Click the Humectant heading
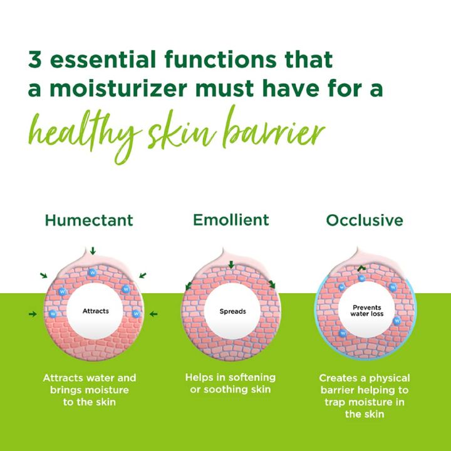tap(88, 220)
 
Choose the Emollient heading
tap(231, 220)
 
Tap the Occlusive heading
tap(364, 220)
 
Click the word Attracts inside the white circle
tap(95, 311)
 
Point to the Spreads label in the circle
tap(232, 311)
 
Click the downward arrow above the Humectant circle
tap(93, 251)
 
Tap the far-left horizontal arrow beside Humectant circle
tap(33, 313)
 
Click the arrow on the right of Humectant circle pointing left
tap(154, 313)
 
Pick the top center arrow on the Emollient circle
tap(231, 266)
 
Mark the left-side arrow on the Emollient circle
tap(189, 287)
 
